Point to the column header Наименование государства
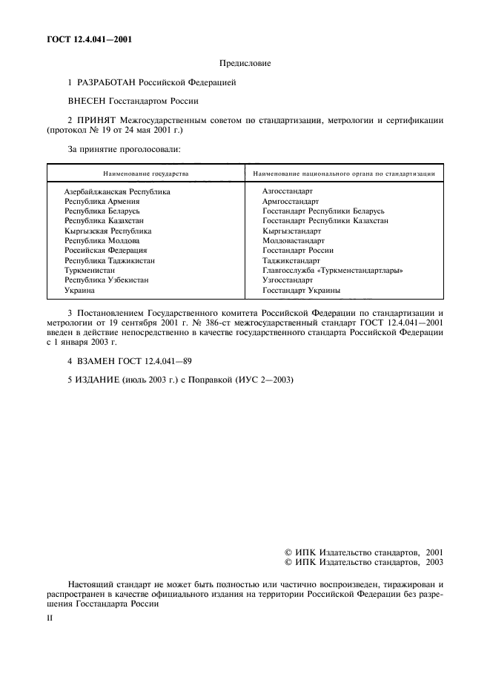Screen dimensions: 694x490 (x=146, y=173)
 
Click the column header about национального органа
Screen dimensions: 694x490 (x=343, y=173)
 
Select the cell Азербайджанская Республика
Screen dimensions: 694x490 (x=117, y=191)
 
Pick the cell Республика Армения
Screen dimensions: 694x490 (x=102, y=201)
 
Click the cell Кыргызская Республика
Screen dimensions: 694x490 (x=107, y=231)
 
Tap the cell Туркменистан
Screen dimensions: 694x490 (x=90, y=271)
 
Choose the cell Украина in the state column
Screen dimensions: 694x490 (x=79, y=291)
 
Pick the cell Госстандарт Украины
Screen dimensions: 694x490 (x=297, y=291)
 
